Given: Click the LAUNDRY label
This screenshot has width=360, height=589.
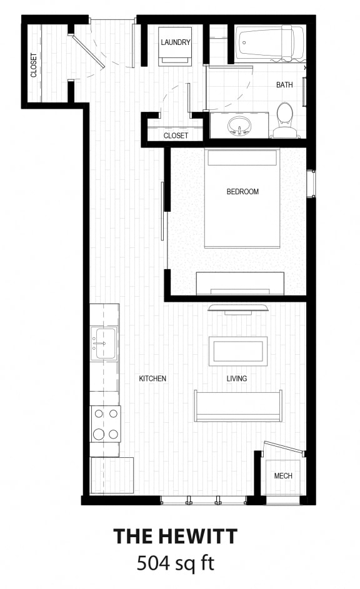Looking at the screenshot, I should click(x=175, y=42).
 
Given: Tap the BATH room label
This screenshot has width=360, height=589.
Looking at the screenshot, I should click(x=285, y=84).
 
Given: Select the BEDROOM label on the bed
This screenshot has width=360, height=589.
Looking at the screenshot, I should click(x=242, y=192).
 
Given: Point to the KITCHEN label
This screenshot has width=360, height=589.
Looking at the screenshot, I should click(x=152, y=379).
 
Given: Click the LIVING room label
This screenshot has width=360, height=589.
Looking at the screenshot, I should click(x=237, y=379).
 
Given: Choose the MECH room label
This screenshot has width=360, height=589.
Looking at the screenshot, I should click(x=283, y=476).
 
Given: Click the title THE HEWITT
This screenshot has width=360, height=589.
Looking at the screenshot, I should click(x=175, y=536).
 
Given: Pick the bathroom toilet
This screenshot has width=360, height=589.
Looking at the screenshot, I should click(x=284, y=119).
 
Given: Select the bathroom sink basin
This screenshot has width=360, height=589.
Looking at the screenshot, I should click(x=238, y=124).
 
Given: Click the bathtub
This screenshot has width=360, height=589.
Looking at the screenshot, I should click(x=265, y=42).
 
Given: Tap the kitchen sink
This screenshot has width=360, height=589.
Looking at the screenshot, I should click(x=103, y=344).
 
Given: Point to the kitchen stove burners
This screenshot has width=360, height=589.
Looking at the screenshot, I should click(x=105, y=423).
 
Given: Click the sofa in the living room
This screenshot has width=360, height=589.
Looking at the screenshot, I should click(x=237, y=406).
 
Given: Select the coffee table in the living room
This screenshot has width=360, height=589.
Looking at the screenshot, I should click(x=238, y=351).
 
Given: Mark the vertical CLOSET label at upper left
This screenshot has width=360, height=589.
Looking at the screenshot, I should click(x=34, y=66).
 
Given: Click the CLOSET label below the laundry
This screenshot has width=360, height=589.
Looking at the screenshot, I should click(x=176, y=136).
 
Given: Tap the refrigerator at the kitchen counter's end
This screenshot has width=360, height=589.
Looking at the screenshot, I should click(x=112, y=475).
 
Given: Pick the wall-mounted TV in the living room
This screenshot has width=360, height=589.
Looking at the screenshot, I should click(x=238, y=308).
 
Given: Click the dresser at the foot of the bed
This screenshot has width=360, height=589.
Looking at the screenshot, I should click(x=240, y=284).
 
